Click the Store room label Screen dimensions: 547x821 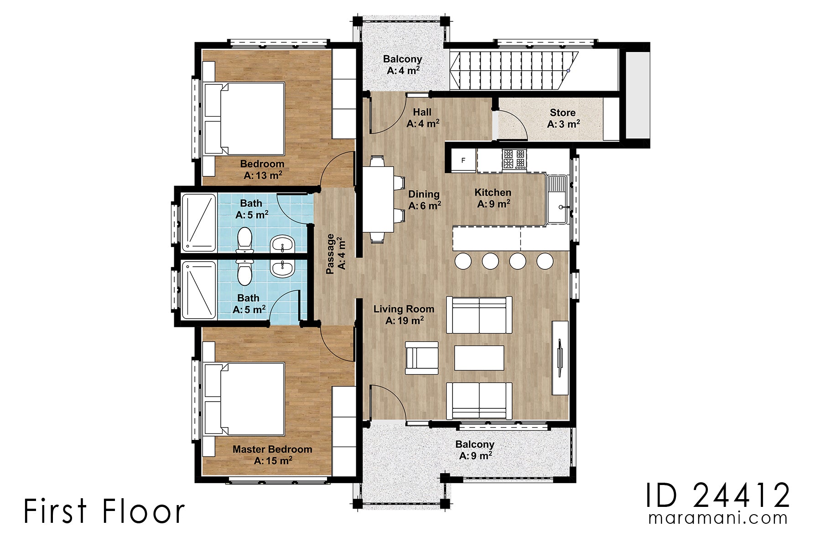(563, 118)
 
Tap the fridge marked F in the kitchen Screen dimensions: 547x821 (463, 160)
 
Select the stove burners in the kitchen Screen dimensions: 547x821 (514, 159)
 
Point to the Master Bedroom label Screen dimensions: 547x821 (272, 454)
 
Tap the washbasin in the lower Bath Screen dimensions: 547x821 (283, 268)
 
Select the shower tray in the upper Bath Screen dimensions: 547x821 (199, 222)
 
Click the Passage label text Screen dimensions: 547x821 (336, 254)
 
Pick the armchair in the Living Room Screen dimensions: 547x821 (421, 358)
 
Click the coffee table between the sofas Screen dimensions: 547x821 (479, 358)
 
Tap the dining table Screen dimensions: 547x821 (378, 199)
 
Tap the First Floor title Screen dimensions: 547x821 (104, 511)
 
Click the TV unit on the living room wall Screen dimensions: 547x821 (560, 358)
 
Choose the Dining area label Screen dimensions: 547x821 (424, 200)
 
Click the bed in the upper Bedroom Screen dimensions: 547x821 (245, 119)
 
